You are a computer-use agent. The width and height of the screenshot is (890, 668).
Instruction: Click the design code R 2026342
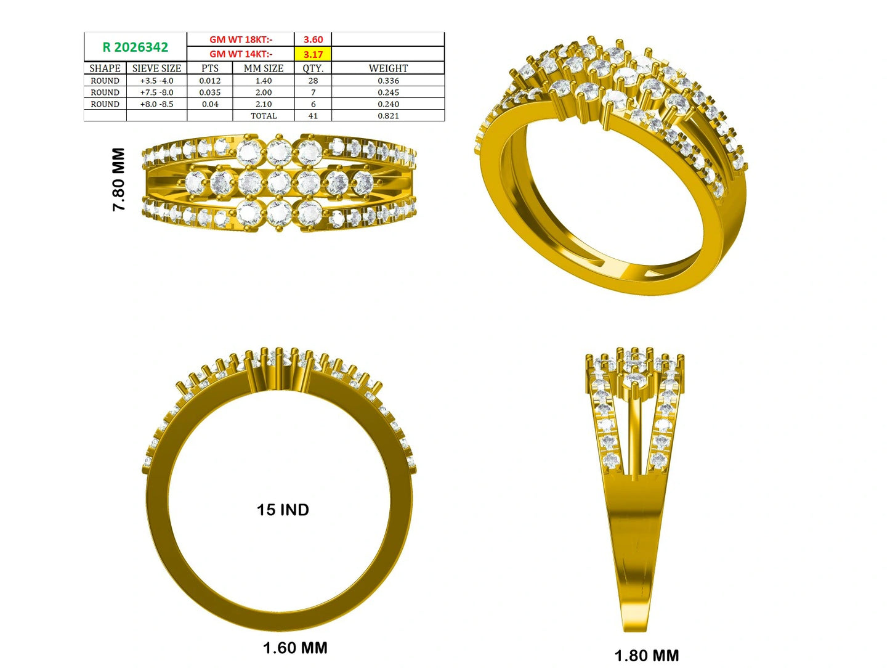point(135,47)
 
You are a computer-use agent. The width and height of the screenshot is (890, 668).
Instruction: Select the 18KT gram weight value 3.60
point(313,39)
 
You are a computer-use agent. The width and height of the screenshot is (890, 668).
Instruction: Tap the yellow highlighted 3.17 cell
point(313,54)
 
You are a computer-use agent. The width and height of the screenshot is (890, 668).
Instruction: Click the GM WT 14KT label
point(241,54)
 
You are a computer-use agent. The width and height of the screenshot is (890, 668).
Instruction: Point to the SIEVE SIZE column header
point(156,68)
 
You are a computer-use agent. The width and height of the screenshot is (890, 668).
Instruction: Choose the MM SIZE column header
point(264,68)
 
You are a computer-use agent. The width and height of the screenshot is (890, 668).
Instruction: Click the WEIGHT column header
point(388,68)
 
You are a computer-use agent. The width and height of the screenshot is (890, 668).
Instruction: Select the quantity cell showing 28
point(313,81)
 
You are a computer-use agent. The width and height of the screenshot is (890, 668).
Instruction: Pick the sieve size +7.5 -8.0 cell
point(156,92)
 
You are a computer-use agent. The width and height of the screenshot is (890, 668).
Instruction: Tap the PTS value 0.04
point(210,104)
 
